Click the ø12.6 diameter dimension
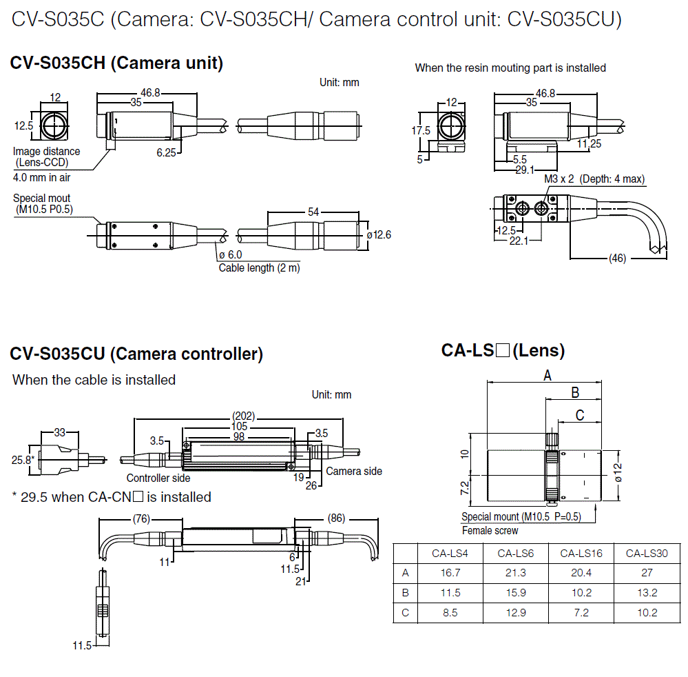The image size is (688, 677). (x=379, y=235)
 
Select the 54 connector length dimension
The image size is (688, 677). (x=313, y=212)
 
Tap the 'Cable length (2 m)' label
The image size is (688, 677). (x=259, y=267)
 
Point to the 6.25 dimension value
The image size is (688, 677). (x=166, y=153)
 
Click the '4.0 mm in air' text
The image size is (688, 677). (x=41, y=177)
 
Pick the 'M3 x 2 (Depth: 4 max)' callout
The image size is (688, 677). (x=594, y=179)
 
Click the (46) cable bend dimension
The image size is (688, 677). (x=618, y=259)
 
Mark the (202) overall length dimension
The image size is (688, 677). (x=244, y=416)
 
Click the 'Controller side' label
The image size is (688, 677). (x=158, y=478)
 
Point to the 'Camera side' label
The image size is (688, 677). (x=353, y=472)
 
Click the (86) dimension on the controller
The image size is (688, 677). (x=336, y=518)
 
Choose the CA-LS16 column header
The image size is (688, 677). (x=581, y=553)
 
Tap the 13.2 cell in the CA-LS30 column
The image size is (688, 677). (x=647, y=593)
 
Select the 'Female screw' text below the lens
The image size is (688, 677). (x=490, y=530)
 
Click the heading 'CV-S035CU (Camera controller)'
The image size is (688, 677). (x=136, y=354)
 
